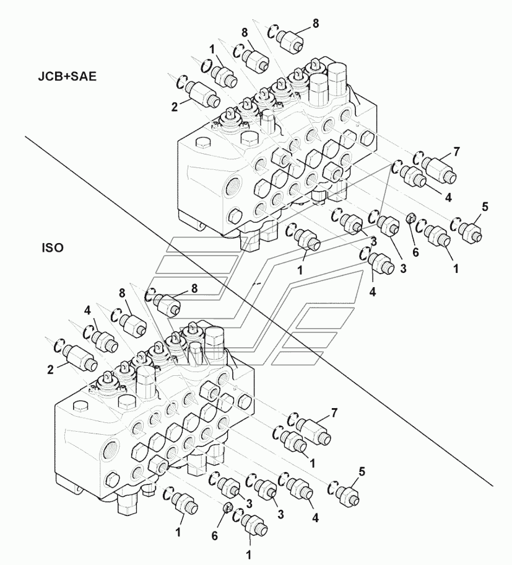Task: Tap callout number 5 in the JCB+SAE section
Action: tap(485, 207)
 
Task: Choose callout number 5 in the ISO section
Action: tap(362, 471)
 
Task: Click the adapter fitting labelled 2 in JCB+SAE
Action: tap(201, 93)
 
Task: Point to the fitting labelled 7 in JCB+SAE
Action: tap(441, 167)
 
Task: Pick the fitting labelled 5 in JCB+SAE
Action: tap(471, 231)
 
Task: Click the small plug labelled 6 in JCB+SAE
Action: tap(410, 218)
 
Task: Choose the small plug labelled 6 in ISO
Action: tap(228, 510)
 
